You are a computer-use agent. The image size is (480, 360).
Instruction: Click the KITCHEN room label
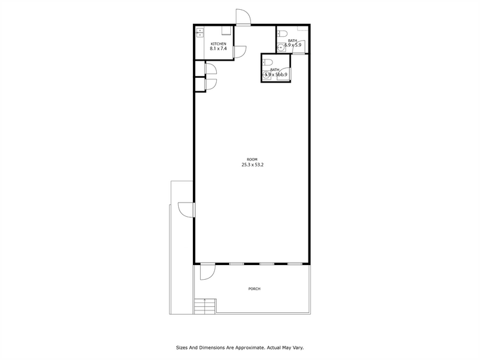[x=219, y=44]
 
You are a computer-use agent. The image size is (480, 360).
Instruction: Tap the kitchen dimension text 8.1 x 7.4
[x=219, y=49]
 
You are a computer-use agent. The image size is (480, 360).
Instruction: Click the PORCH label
[x=254, y=289]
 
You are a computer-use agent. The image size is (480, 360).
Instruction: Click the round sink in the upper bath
[x=280, y=47]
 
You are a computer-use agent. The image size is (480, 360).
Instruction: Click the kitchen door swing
[x=241, y=53]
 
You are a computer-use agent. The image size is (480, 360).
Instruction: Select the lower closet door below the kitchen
[x=211, y=84]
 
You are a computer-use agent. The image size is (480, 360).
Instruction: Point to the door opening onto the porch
[x=208, y=271]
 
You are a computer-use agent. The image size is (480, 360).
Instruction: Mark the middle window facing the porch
[x=266, y=264]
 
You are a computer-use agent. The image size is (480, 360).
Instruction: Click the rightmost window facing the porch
[x=295, y=264]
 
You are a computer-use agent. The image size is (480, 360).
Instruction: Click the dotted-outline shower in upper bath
[x=302, y=36]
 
